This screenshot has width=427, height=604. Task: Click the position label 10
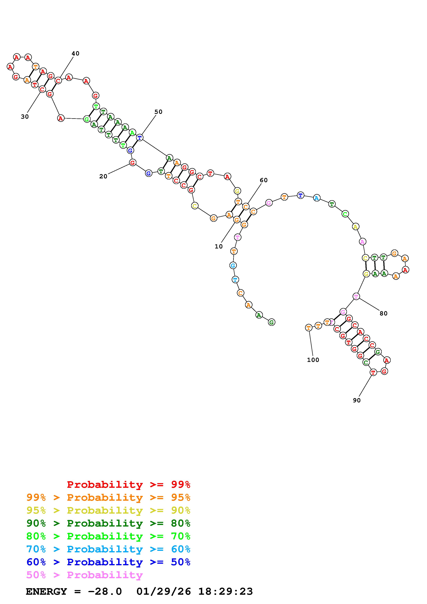pyautogui.click(x=219, y=247)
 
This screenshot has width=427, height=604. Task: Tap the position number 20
pyautogui.click(x=103, y=176)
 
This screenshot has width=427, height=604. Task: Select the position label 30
pyautogui.click(x=25, y=117)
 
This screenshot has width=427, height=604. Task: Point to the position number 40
pyautogui.click(x=75, y=53)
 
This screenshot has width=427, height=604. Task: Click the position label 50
pyautogui.click(x=158, y=112)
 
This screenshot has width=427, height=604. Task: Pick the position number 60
pyautogui.click(x=264, y=180)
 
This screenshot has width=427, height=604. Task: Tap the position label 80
pyautogui.click(x=384, y=313)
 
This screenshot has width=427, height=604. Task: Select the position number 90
pyautogui.click(x=357, y=400)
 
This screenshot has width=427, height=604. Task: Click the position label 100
pyautogui.click(x=313, y=360)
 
